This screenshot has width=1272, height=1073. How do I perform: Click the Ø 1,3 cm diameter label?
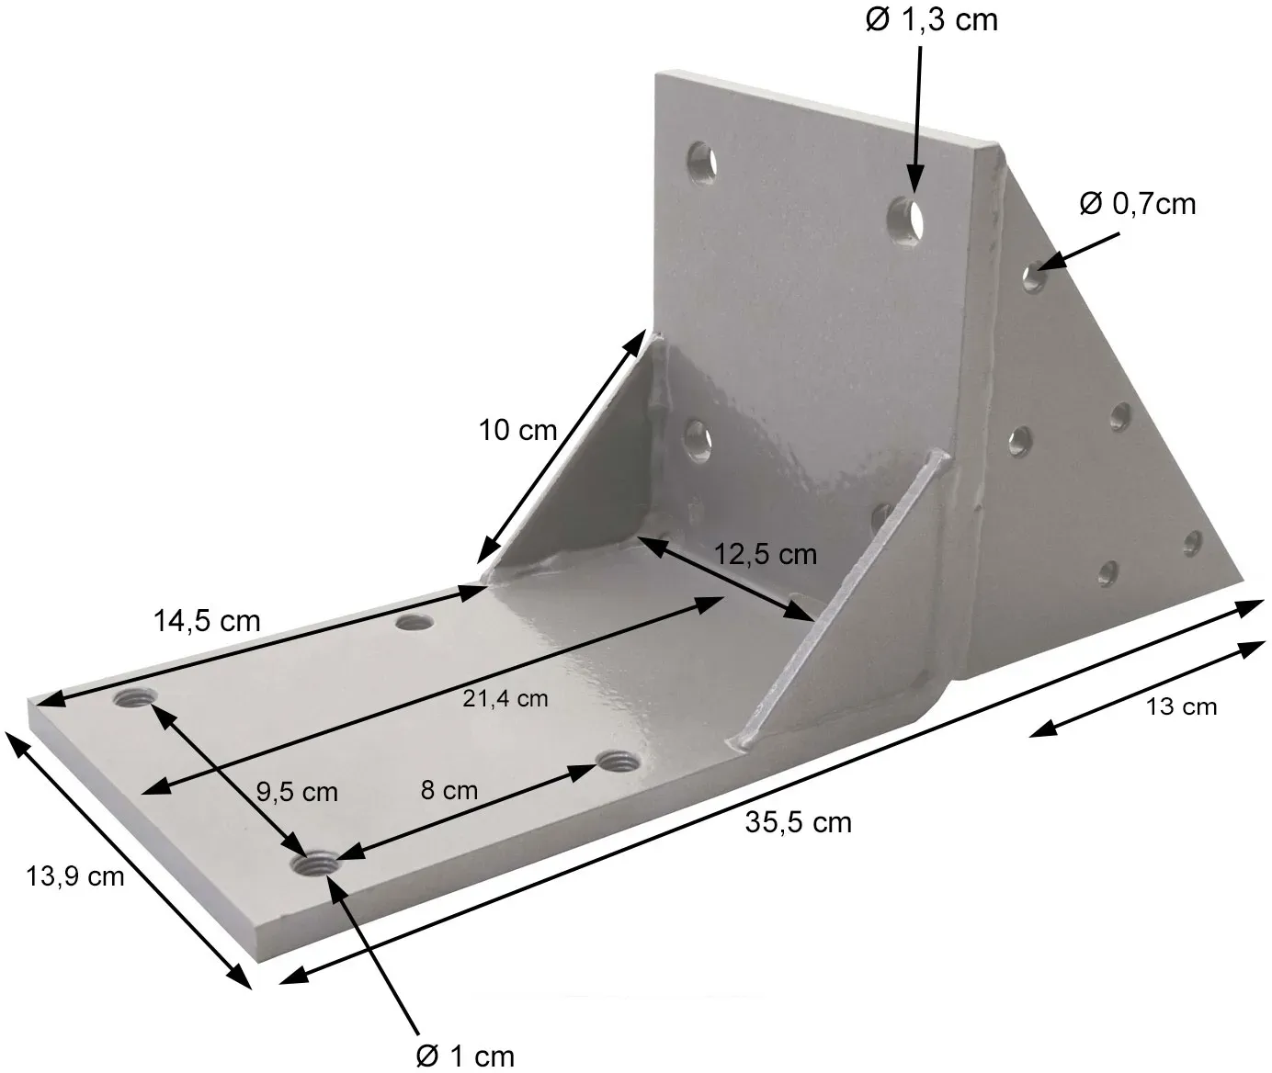pyautogui.click(x=931, y=20)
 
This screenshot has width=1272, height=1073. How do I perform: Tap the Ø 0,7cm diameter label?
pyautogui.click(x=1138, y=204)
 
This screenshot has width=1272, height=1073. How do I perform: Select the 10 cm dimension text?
pyautogui.click(x=517, y=431)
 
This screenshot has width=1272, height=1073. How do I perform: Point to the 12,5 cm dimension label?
pyautogui.click(x=766, y=554)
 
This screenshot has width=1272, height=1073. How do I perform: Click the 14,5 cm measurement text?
pyautogui.click(x=207, y=621)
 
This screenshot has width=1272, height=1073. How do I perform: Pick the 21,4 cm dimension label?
pyautogui.click(x=505, y=698)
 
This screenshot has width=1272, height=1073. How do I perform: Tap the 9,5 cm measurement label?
pyautogui.click(x=297, y=792)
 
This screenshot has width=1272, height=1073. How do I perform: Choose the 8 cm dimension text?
pyautogui.click(x=449, y=790)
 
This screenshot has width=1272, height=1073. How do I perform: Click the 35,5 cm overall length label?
pyautogui.click(x=798, y=823)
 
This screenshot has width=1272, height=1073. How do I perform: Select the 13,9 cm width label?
pyautogui.click(x=75, y=877)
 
